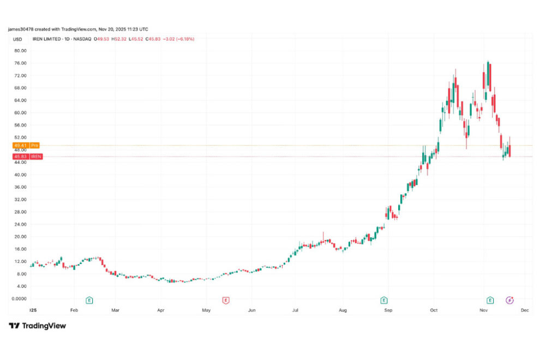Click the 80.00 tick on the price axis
(x=20, y=51)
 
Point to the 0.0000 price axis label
(x=20, y=298)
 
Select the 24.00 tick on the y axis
(x=20, y=224)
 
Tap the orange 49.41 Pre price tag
(x=26, y=146)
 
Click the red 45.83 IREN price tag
(x=26, y=157)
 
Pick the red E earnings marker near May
(x=226, y=300)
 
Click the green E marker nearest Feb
(x=89, y=300)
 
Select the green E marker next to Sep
(x=384, y=300)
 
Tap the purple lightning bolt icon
(x=509, y=300)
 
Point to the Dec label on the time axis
(x=525, y=310)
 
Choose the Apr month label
(x=161, y=310)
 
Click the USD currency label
(x=17, y=39)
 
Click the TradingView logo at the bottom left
(x=38, y=326)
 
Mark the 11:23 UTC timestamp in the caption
(x=136, y=29)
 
